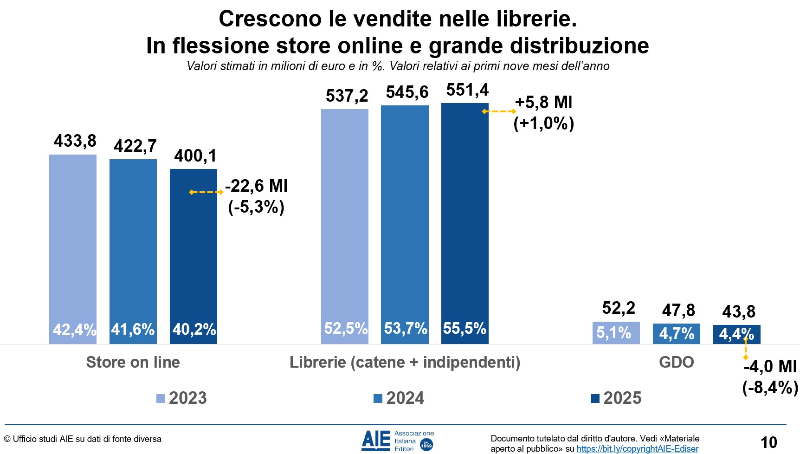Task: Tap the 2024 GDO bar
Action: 676,333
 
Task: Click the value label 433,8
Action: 75,141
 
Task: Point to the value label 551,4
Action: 467,90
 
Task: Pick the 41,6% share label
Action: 133,329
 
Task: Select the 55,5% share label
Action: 465,328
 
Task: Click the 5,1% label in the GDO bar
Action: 613,333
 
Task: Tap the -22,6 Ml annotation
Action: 256,186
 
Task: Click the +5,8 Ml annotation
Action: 543,103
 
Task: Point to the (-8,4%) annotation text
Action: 770,387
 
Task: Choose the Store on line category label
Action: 133,362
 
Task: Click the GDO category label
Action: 676,362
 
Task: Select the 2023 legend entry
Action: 182,398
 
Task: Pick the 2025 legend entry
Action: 616,398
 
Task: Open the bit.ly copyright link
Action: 637,449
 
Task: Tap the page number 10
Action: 768,442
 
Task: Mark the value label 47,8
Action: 678,310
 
